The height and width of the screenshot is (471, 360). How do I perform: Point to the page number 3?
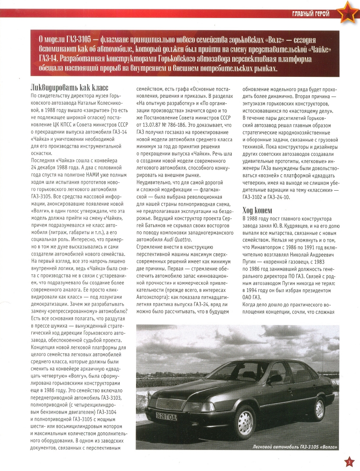coord(349,462)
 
